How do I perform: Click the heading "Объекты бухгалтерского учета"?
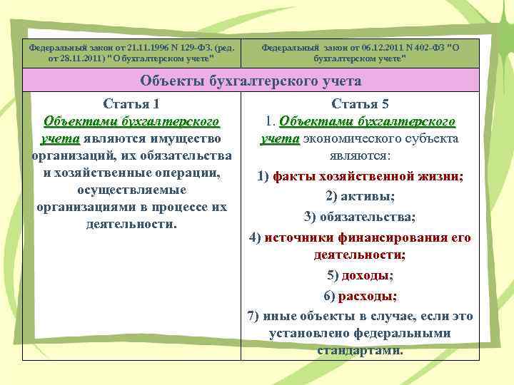coord(251,81)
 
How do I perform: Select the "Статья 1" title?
coord(131,103)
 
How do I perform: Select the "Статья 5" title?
coord(361,103)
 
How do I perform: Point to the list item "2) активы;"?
coord(361,197)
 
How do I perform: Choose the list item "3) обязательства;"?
coord(360,217)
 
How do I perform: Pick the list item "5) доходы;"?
coord(361,275)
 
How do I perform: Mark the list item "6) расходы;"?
coord(361,295)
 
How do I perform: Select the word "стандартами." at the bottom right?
coord(361,351)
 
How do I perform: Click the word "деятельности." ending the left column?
coord(131,224)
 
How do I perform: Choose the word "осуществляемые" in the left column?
coord(131,190)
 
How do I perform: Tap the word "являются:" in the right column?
coord(361,155)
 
